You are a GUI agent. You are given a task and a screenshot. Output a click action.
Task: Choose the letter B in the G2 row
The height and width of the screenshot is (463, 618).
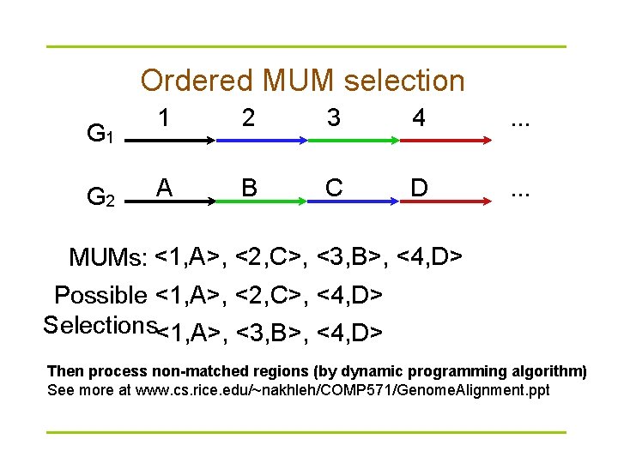(248, 186)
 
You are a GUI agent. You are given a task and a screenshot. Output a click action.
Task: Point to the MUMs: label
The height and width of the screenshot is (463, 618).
(108, 257)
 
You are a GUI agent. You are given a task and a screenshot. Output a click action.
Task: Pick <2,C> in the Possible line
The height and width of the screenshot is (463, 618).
(270, 296)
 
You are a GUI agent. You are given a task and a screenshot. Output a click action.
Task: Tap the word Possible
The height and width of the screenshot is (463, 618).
(100, 296)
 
